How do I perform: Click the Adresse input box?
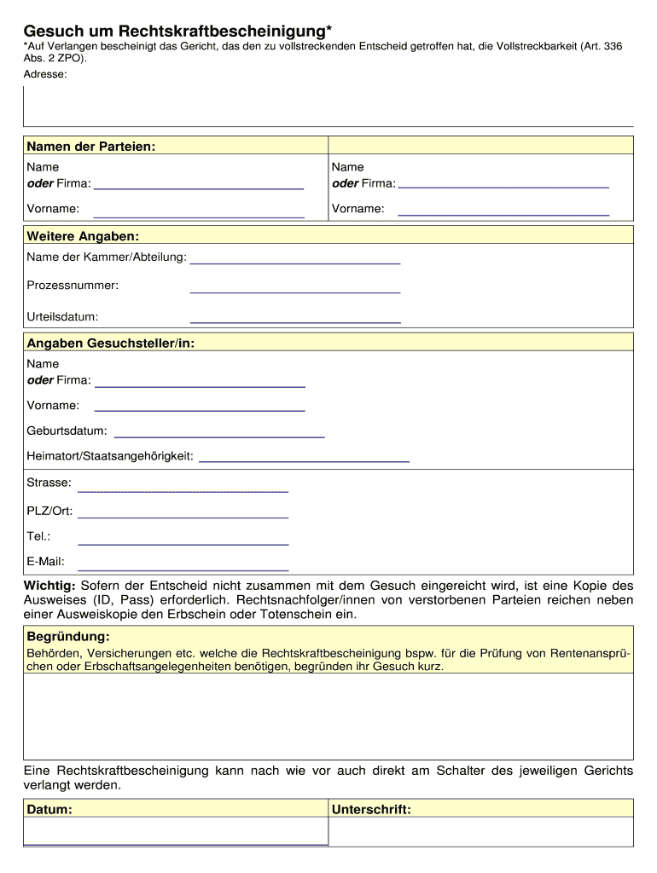point(328,106)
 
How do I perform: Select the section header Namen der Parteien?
point(90,147)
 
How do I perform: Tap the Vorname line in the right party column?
point(503,209)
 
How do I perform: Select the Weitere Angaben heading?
point(83,235)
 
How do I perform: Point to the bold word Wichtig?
point(49,586)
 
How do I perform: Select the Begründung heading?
point(68,637)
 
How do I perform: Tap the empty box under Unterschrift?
point(480,832)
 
